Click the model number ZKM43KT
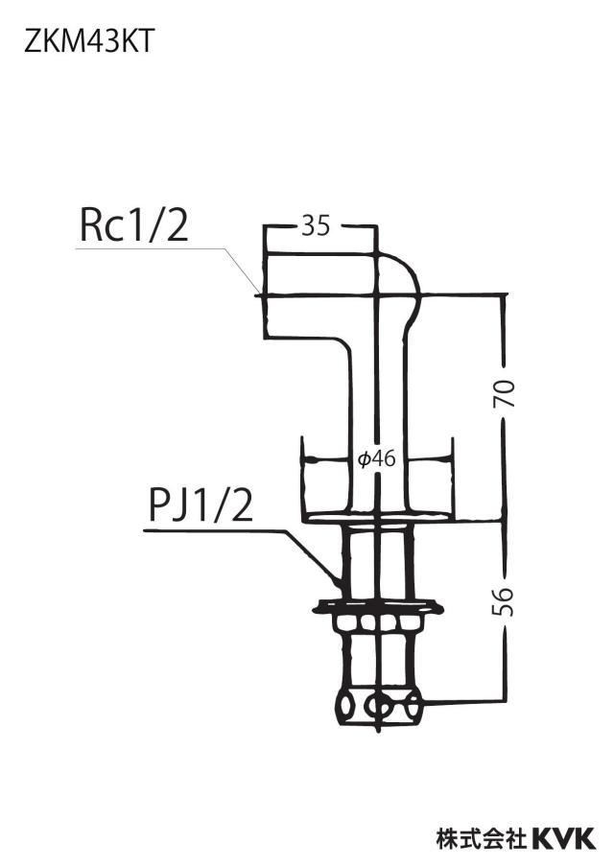[x=88, y=41]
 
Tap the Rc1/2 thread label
[x=134, y=225]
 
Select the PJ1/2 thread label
[x=201, y=506]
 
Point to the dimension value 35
[x=316, y=226]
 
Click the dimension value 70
[x=505, y=393]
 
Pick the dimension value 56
[x=503, y=601]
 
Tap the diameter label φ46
[x=377, y=458]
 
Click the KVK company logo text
[x=563, y=838]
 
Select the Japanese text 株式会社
[x=482, y=838]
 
